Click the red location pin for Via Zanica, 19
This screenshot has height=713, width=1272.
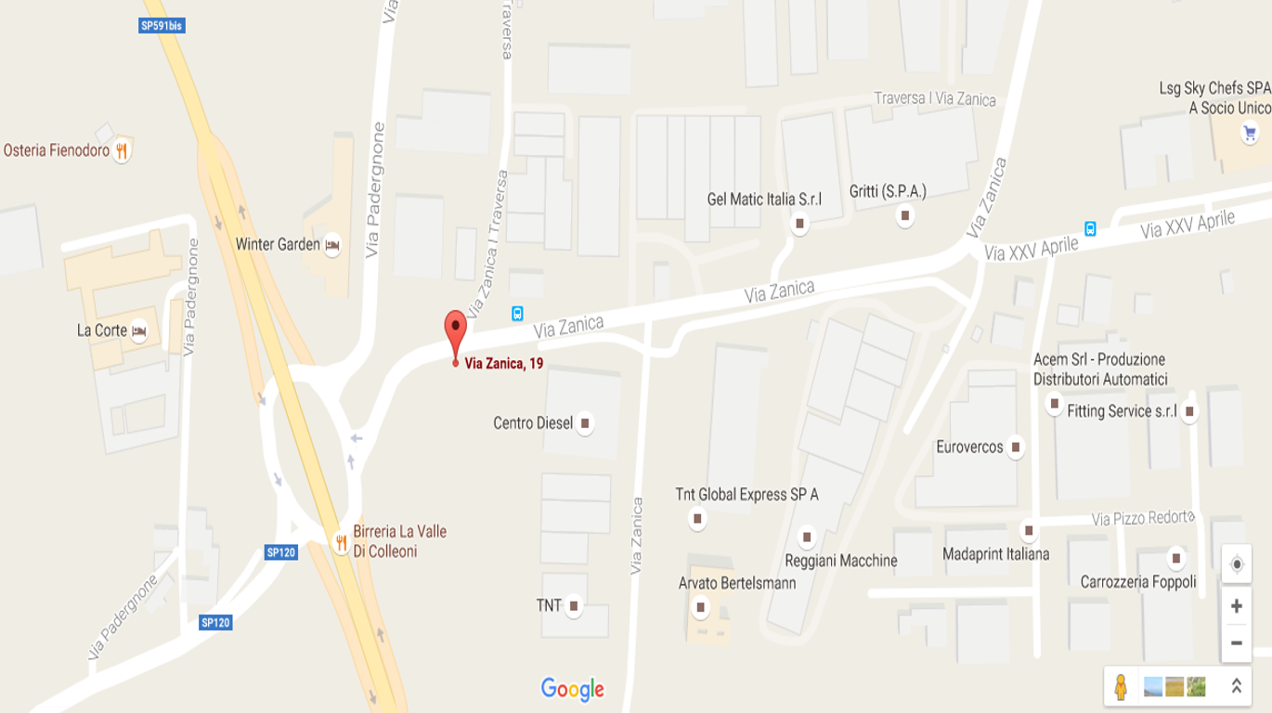(455, 331)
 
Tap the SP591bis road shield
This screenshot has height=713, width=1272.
(162, 26)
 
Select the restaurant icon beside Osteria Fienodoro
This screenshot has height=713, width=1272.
(121, 150)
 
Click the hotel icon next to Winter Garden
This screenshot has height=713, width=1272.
(332, 245)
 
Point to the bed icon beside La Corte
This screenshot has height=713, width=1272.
(138, 331)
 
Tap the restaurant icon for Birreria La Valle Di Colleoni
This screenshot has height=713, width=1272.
(342, 541)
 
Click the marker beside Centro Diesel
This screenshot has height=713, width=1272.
(585, 423)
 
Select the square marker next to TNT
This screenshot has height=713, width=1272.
(574, 606)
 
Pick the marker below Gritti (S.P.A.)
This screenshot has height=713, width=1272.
(905, 216)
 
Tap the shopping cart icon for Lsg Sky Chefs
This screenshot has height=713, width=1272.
(1250, 134)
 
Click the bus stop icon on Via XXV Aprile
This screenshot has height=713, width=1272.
(1090, 228)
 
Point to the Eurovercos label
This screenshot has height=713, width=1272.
(969, 447)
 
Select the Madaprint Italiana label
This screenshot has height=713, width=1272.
(995, 554)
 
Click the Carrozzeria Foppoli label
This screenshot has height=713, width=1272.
(1138, 582)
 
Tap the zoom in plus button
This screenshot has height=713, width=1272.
(1236, 606)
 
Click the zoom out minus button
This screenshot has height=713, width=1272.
(1236, 642)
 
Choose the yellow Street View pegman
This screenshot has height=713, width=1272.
(1121, 687)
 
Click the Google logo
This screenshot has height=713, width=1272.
(572, 689)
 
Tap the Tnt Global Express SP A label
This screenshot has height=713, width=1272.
(746, 495)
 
